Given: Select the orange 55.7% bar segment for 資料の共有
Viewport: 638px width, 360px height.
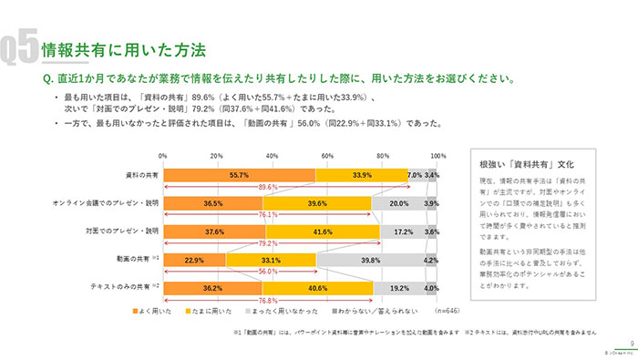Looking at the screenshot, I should pyautogui.click(x=240, y=174).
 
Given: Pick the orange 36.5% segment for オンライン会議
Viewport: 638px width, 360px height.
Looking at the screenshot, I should pyautogui.click(x=213, y=202).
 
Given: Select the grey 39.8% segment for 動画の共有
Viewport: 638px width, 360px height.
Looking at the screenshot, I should pyautogui.click(x=371, y=259).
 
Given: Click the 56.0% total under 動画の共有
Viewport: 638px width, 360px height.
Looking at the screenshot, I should pyautogui.click(x=242, y=272).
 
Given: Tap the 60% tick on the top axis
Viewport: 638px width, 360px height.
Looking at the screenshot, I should pyautogui.click(x=327, y=156).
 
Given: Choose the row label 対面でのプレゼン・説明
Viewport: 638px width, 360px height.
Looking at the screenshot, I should pyautogui.click(x=125, y=231).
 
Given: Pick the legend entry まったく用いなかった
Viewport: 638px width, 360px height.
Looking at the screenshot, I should pyautogui.click(x=302, y=313).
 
